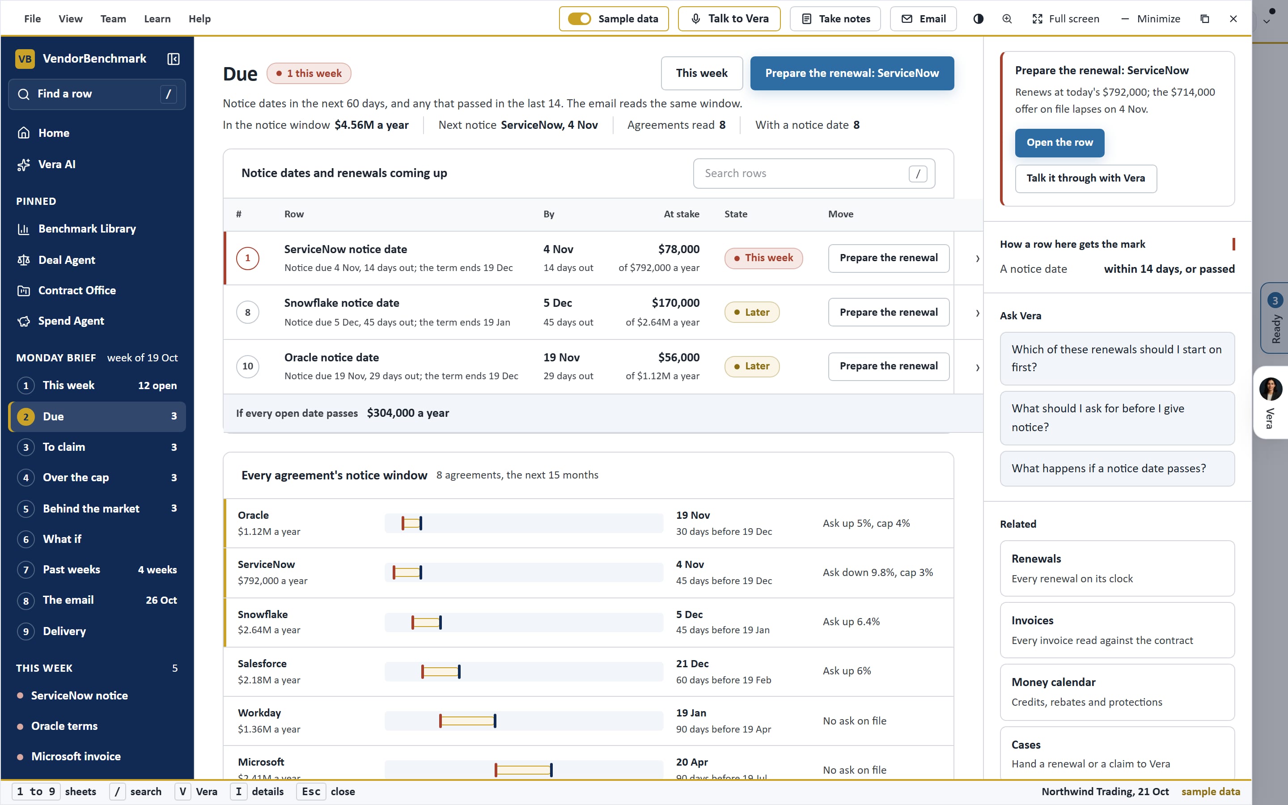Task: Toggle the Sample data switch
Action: pos(579,19)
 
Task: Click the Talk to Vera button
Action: pos(729,19)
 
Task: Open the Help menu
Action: pos(199,19)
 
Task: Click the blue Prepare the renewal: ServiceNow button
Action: pos(852,73)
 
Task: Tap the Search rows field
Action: pos(814,173)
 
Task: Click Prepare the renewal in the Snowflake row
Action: pos(888,312)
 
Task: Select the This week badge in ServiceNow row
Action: pos(763,258)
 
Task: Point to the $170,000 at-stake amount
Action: pos(675,303)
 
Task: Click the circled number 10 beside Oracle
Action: pos(247,366)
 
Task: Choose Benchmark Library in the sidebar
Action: pos(87,229)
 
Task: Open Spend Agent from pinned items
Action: pos(71,321)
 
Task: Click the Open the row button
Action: pos(1059,143)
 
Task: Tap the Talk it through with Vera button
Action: pos(1086,178)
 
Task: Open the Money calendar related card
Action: pos(1117,692)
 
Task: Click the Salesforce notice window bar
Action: pos(441,672)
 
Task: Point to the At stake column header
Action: pos(681,214)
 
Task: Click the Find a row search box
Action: pos(97,94)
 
